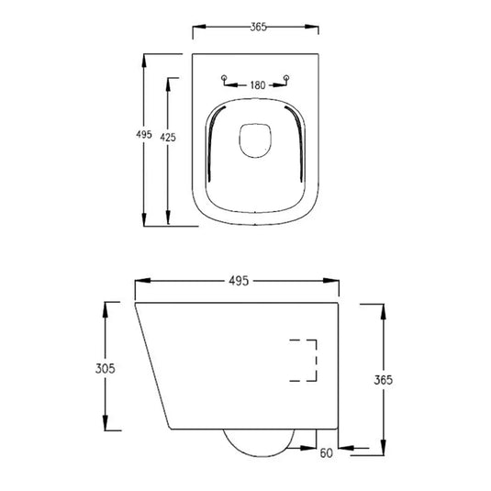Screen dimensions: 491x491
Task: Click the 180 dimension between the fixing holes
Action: point(257,85)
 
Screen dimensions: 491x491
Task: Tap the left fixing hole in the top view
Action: point(226,77)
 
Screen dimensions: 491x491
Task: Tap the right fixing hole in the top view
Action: point(288,77)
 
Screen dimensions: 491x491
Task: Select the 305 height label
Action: point(104,368)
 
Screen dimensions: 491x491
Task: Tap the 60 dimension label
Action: point(327,452)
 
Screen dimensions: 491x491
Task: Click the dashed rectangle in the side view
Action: point(303,360)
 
